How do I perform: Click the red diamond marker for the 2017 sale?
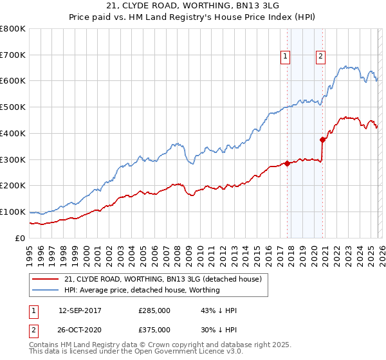pos(287,163)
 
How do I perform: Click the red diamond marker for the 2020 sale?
pos(322,139)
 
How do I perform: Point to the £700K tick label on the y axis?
pos(13,55)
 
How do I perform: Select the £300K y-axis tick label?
pos(13,159)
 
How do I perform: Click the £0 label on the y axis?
pos(21,238)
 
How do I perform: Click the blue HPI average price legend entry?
pos(142,290)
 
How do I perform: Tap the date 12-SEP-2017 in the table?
pos(80,310)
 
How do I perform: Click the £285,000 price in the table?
pos(154,310)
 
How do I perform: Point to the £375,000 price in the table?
pos(154,329)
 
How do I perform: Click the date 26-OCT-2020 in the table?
pos(80,329)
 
